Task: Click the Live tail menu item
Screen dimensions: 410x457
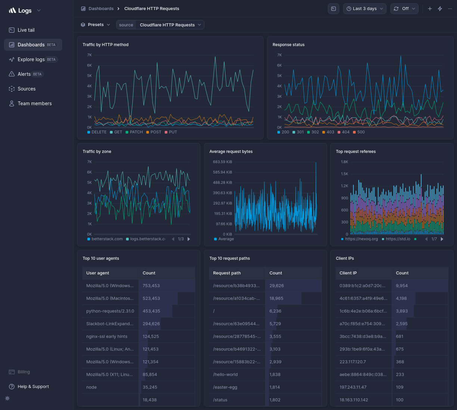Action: tap(26, 30)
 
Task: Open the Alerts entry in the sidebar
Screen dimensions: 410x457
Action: tap(24, 74)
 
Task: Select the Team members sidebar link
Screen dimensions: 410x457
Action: tap(34, 104)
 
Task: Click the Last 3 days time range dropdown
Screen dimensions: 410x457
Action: tap(364, 9)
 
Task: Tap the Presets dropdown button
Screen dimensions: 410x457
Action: tap(96, 25)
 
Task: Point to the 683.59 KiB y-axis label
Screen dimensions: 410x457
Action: tap(222, 162)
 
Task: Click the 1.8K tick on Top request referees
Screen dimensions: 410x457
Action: tap(344, 162)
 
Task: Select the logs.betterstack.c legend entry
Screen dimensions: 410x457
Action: tap(147, 239)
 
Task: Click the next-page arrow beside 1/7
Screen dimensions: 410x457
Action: tap(442, 239)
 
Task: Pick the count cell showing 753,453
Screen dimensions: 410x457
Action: tap(151, 286)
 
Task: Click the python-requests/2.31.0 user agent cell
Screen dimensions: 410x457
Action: tap(110, 311)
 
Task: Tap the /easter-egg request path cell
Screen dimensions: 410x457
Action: tap(225, 387)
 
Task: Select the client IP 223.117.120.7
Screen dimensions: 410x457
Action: tap(352, 362)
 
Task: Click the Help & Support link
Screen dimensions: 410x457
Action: tap(33, 387)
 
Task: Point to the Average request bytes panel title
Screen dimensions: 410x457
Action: tap(231, 151)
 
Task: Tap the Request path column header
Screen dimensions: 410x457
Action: tap(227, 273)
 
